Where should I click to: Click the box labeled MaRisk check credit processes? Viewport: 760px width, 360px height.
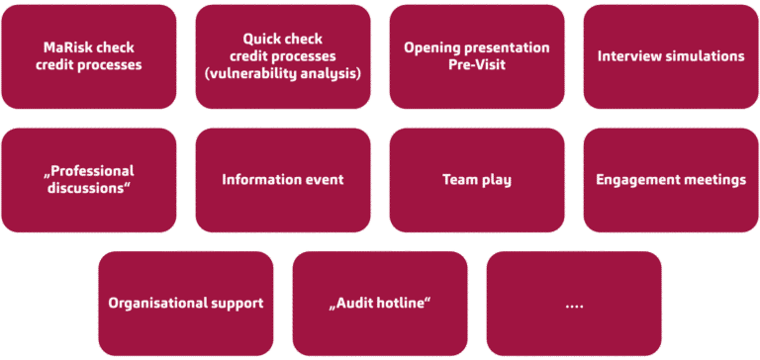coord(89,56)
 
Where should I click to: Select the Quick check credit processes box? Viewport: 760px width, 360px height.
coord(283,56)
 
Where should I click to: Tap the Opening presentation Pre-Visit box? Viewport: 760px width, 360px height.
coord(477,56)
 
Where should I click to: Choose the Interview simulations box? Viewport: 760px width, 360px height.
coord(671,56)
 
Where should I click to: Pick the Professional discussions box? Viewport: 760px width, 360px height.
coord(89,180)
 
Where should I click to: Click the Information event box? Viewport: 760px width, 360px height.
coord(283,180)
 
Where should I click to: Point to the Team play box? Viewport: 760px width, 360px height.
coord(477,180)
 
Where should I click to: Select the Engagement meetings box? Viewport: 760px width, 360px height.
coord(671,180)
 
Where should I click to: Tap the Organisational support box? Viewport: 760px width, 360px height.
coord(186,304)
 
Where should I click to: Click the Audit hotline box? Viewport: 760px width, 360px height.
coord(380,304)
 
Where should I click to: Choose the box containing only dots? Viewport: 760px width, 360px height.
coord(574,304)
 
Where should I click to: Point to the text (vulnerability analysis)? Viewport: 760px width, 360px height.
coord(283,73)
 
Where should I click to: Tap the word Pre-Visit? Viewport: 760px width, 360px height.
coord(477,65)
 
